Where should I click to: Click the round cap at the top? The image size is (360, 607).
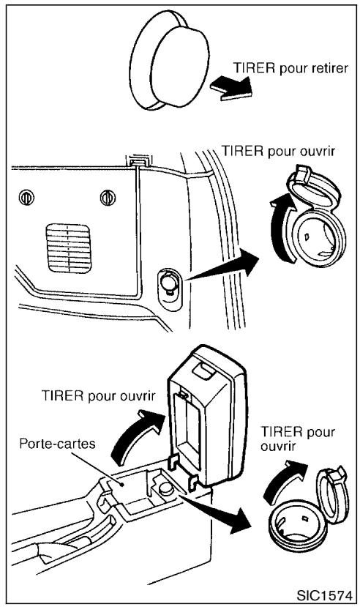pyautogui.click(x=167, y=64)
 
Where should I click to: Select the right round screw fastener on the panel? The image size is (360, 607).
pyautogui.click(x=109, y=197)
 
